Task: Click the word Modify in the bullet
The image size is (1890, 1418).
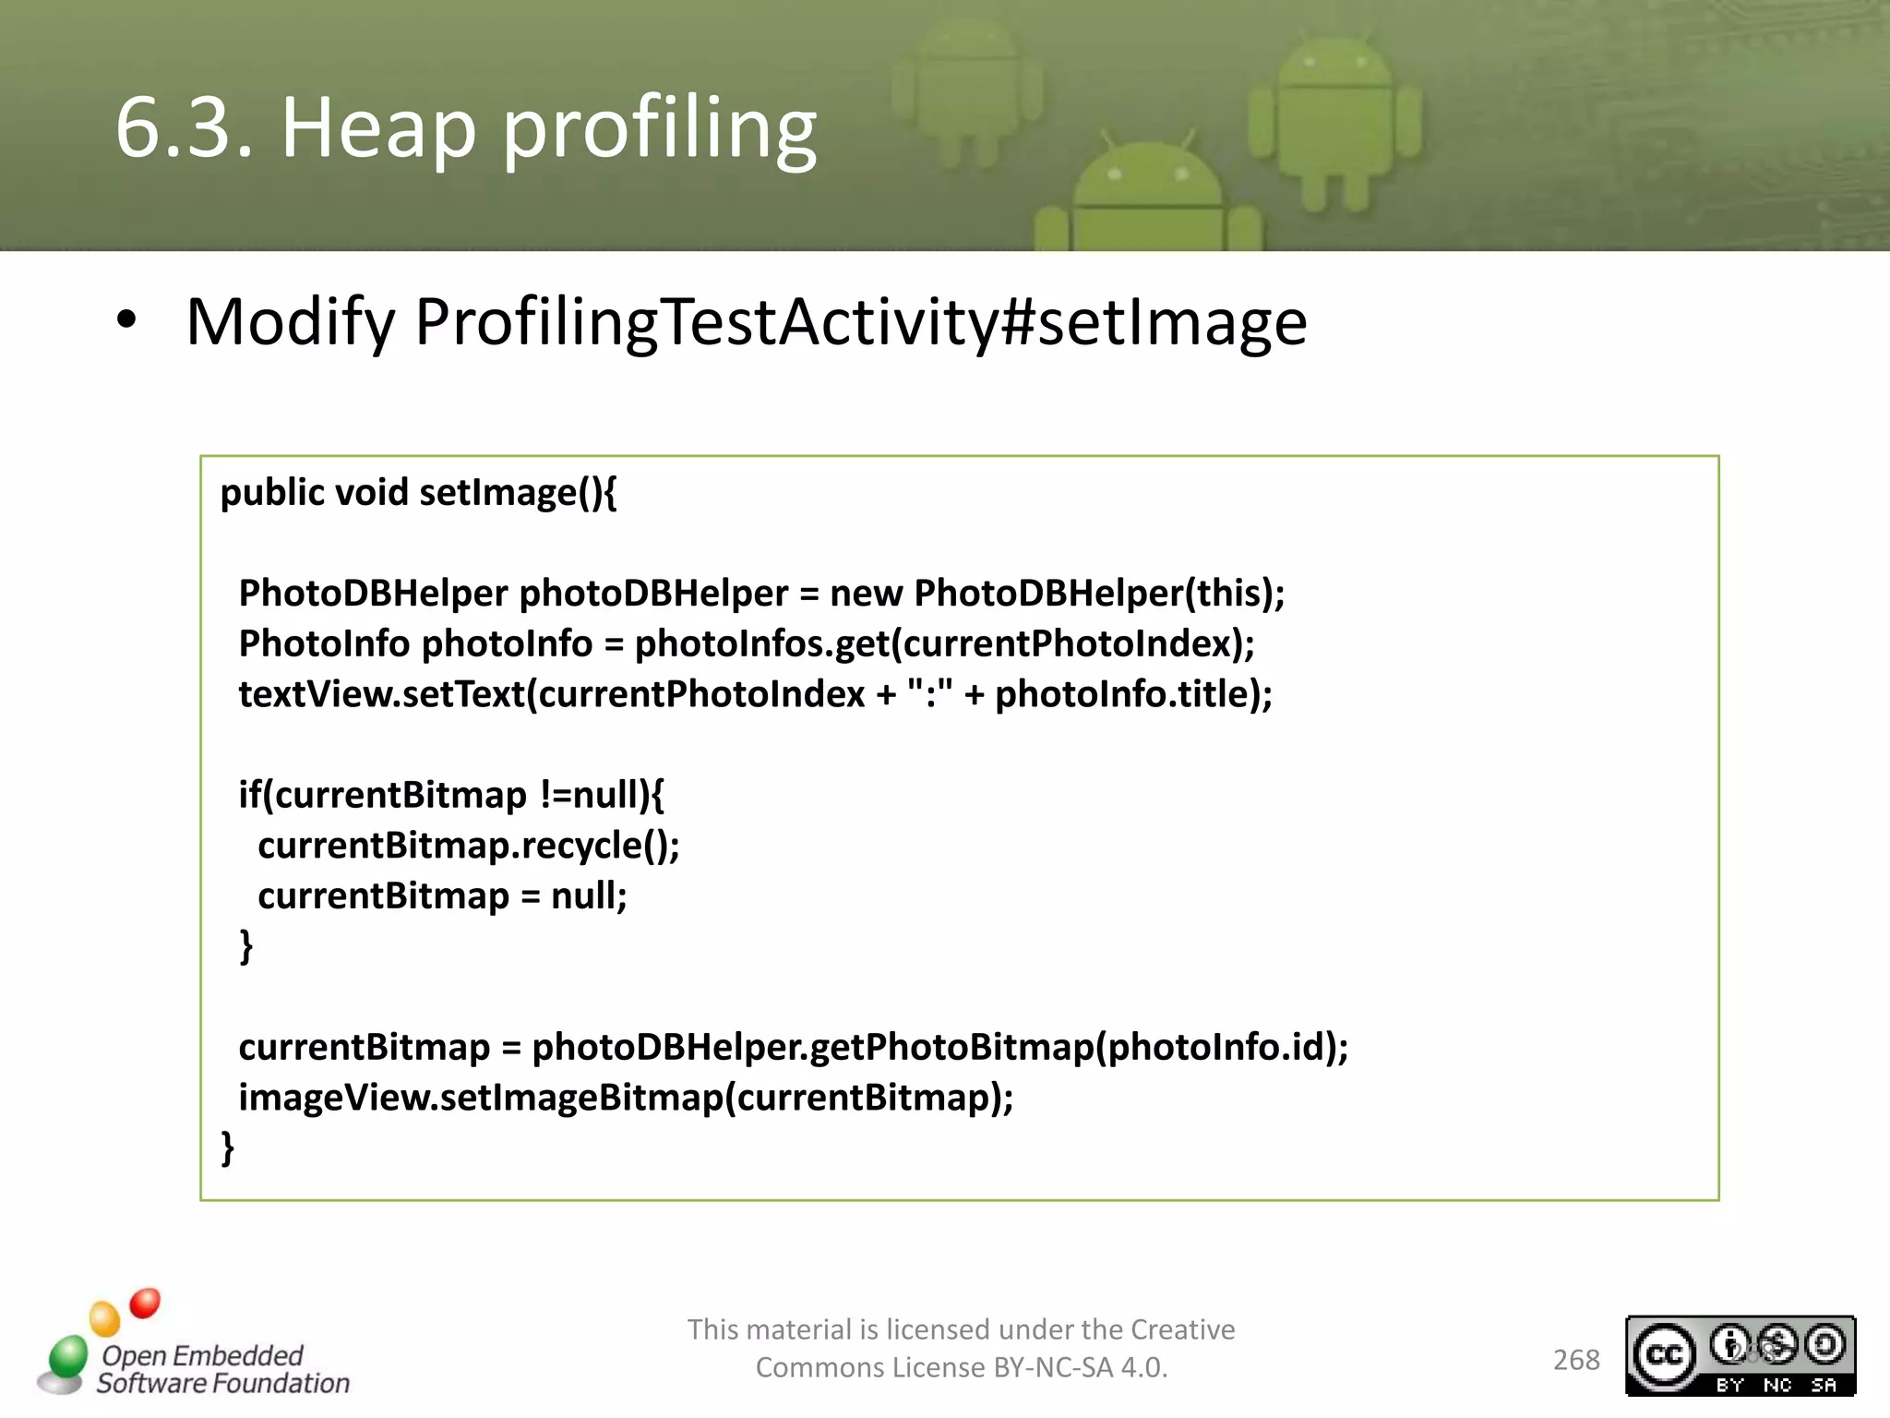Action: click(x=290, y=322)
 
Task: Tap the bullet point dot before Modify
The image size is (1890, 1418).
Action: click(x=126, y=320)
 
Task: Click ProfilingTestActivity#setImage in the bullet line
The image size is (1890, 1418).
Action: click(x=860, y=322)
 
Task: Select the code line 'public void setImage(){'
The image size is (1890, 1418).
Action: click(x=418, y=492)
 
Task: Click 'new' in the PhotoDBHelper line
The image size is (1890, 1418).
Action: click(x=866, y=593)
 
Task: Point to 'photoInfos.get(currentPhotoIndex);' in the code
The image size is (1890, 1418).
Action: click(x=944, y=643)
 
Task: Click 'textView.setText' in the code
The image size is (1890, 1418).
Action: click(x=381, y=694)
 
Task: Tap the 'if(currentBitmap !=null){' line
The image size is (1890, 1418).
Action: click(x=450, y=795)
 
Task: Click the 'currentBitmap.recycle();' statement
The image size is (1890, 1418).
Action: click(x=468, y=845)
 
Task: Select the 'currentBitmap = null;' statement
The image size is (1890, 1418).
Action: click(x=442, y=895)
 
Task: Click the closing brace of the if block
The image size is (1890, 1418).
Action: click(x=245, y=946)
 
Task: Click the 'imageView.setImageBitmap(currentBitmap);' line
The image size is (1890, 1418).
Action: click(x=626, y=1098)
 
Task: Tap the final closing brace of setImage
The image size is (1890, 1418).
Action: click(x=227, y=1148)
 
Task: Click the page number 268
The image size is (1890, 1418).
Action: click(x=1576, y=1360)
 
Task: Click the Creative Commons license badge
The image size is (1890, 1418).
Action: click(x=1740, y=1355)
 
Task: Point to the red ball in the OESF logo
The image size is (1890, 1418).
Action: click(x=145, y=1304)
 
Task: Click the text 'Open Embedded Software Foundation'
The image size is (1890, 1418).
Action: click(x=222, y=1369)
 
